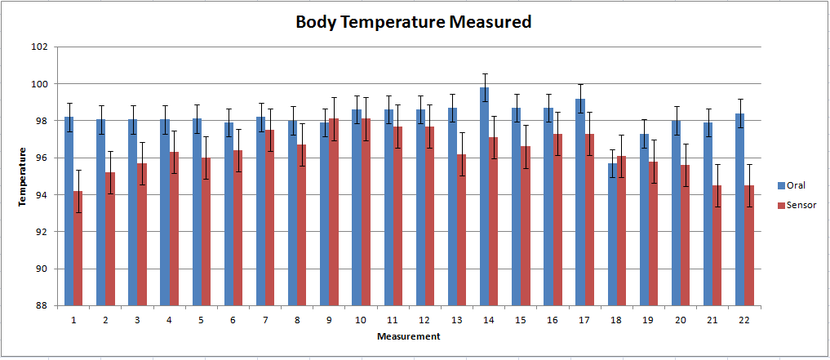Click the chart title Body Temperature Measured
coord(413,22)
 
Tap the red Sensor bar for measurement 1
coord(78,248)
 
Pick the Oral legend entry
coord(795,185)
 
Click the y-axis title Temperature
coord(24,176)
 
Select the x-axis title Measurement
coord(409,336)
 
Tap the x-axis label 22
coord(743,319)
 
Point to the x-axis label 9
coord(329,319)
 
